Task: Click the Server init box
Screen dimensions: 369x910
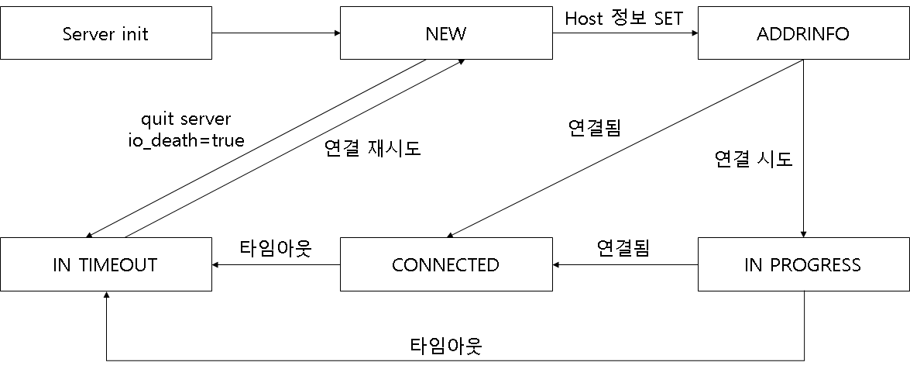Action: pos(105,33)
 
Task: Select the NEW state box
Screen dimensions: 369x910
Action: pos(445,33)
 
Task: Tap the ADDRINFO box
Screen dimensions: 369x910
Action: pos(803,33)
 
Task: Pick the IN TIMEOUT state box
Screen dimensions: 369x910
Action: pos(105,265)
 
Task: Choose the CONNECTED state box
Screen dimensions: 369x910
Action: pos(445,265)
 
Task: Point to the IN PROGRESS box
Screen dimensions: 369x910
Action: pos(803,265)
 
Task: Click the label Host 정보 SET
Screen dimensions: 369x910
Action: pos(624,18)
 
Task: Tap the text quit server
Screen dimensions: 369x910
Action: pos(186,119)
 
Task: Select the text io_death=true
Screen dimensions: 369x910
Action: pos(186,140)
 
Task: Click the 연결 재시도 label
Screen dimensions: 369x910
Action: pos(372,149)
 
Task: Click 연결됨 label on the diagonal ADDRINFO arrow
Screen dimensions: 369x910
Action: pos(594,127)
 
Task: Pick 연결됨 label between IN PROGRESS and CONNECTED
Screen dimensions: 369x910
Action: pos(623,248)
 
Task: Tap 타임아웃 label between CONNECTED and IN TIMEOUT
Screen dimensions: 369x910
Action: pos(275,248)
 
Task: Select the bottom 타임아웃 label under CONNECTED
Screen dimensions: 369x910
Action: pos(445,345)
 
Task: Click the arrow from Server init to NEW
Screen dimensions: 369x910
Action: pos(275,33)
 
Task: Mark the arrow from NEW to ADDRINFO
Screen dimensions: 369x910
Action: pos(624,33)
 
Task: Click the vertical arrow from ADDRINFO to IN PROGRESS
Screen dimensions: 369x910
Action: pos(803,147)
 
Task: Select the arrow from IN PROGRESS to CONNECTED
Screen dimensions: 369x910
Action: pos(624,265)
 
